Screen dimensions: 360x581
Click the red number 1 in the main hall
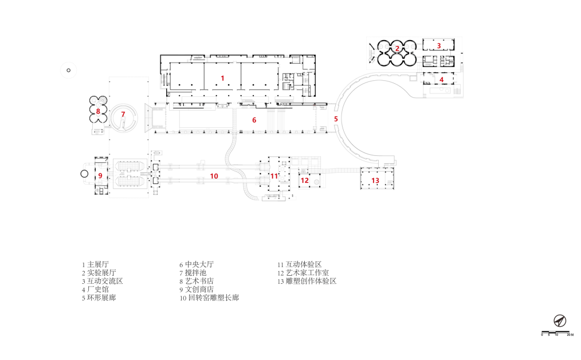pos(222,77)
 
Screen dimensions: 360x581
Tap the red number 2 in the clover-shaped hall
pos(397,49)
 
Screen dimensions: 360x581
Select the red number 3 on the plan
pos(439,45)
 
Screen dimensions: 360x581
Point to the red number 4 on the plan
pos(441,80)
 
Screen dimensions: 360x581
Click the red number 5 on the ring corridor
pos(336,119)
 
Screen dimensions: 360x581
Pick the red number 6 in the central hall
pos(254,120)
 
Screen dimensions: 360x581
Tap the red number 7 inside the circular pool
pos(123,114)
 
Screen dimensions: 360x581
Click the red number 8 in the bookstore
pos(98,111)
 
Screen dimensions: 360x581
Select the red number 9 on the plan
pos(100,175)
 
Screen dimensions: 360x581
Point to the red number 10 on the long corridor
pos(214,176)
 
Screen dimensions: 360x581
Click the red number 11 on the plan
pos(274,175)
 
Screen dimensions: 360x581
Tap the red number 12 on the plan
pos(305,181)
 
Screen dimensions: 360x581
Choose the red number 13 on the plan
pos(375,181)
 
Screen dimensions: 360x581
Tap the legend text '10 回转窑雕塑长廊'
pos(209,298)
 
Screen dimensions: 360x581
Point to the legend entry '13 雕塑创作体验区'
pos(307,281)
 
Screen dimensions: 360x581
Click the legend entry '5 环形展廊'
pos(99,298)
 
